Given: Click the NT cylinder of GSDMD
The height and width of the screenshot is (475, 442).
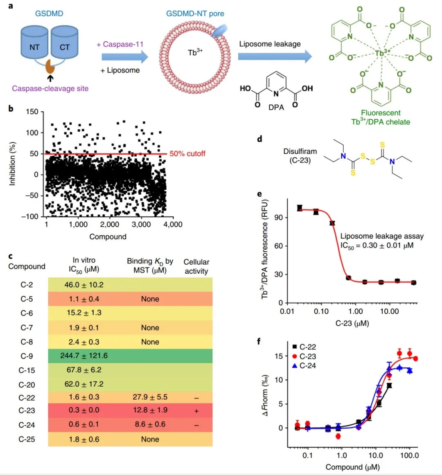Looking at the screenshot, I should (34, 47).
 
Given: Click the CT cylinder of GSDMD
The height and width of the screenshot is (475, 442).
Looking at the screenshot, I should (64, 47).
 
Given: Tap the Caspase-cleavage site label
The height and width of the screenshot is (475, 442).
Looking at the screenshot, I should (50, 88).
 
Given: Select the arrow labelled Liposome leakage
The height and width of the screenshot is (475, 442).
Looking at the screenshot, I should (275, 56).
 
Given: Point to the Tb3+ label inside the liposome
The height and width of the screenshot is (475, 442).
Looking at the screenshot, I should (195, 52).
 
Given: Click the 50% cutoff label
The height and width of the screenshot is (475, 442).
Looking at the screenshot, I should (187, 154).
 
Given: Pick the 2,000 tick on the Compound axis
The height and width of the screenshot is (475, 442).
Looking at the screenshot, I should (109, 224).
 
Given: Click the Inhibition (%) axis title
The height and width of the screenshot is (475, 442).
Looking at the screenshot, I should (12, 164).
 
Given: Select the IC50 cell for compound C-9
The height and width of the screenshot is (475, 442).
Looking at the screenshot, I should (84, 356).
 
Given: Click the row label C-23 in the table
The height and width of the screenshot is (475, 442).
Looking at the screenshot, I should (27, 410).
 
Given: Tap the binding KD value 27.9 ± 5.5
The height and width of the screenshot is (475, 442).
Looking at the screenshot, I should (150, 397).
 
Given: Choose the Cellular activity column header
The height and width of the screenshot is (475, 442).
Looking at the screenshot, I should (196, 266).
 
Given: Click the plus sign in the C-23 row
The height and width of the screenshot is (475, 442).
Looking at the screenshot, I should (196, 411).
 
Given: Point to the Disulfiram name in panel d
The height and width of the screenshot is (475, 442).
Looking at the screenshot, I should (300, 151).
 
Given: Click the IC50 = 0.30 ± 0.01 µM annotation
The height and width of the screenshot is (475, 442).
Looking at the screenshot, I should (377, 245).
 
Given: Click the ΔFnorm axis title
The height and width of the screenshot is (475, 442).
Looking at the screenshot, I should (266, 396).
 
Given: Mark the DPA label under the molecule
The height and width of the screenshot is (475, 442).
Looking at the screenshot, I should (276, 108).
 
